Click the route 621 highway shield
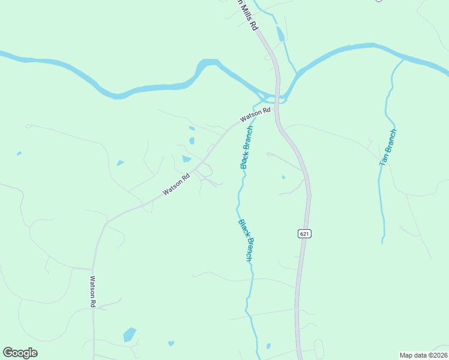304,233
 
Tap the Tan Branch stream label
388,147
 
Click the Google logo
20,353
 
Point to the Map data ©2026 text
424,355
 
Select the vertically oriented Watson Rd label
93,292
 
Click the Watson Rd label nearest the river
256,115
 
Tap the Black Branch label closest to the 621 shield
246,240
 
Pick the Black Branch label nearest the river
247,147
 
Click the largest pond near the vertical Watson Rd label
129,334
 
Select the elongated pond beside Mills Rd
280,34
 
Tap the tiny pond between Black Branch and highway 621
283,177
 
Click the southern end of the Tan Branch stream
382,241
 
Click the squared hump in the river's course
207,64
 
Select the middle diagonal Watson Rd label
176,184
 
